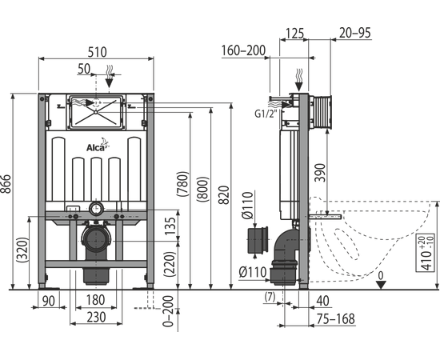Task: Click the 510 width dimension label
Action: pos(98,52)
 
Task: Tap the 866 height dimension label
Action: pos(6,184)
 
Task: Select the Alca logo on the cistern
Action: pos(98,146)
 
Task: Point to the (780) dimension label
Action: pos(182,184)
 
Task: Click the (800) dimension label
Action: pos(202,189)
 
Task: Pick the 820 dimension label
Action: pos(224,195)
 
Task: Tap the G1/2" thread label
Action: pos(266,114)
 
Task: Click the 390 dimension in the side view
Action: pos(320,173)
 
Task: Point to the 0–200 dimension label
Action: pos(168,311)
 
